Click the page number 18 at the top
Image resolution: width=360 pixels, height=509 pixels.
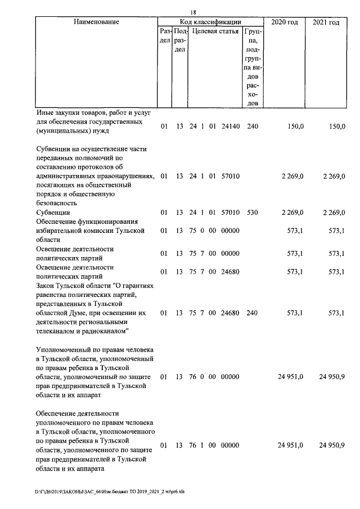point(193,11)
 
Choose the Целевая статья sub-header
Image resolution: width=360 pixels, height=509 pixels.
point(215,31)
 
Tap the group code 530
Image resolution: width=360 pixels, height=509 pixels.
point(253,212)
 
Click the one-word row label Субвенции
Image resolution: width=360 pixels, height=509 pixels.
point(53,213)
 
